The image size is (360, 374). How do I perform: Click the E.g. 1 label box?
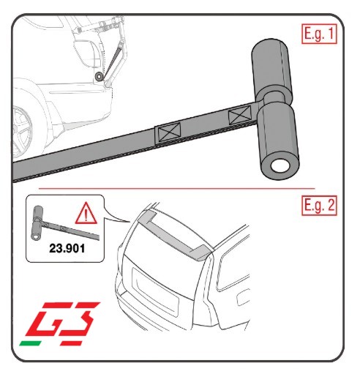click(x=319, y=34)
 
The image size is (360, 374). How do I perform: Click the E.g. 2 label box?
click(x=319, y=206)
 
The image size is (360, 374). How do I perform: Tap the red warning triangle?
click(x=86, y=214)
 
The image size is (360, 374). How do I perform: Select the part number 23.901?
click(x=67, y=248)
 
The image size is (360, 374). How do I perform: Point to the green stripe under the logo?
click(x=30, y=343)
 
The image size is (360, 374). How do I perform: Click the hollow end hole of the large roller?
click(x=280, y=166)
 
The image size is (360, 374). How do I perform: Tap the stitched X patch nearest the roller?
click(x=240, y=114)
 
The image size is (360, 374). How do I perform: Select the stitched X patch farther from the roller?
click(x=168, y=133)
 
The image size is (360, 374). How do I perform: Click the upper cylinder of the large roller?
click(x=271, y=67)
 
